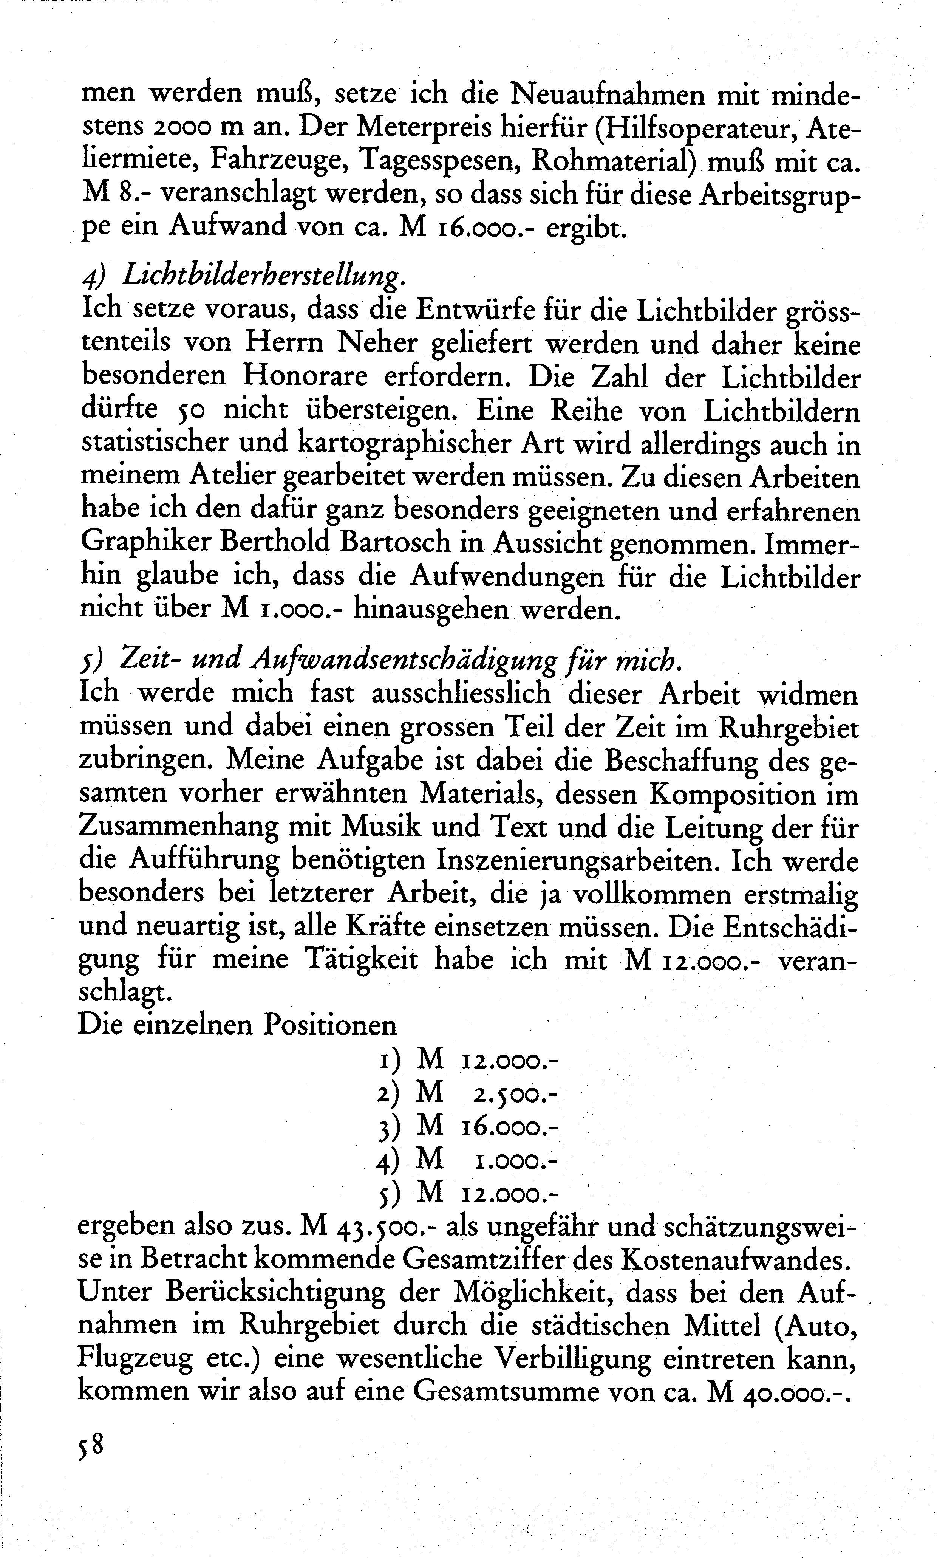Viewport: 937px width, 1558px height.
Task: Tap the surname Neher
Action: tap(377, 343)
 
